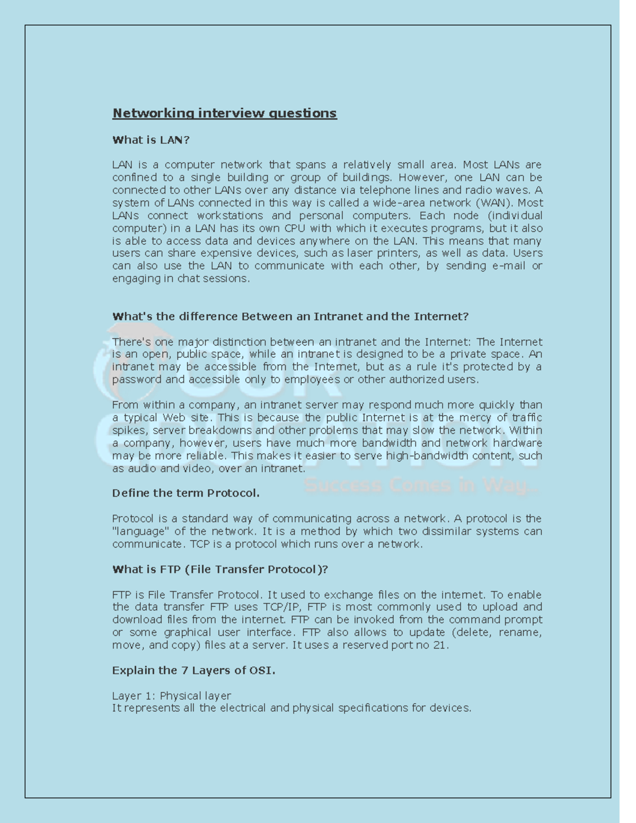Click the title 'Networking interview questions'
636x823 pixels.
point(224,113)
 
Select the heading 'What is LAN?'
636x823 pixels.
point(151,140)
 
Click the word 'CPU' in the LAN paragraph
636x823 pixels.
point(295,228)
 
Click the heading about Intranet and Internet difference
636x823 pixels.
point(290,316)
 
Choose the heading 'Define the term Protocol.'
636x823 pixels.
point(185,493)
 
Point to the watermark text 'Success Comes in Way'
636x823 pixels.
point(421,485)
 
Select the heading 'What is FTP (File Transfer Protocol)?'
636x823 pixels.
point(220,569)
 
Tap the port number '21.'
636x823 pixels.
point(440,645)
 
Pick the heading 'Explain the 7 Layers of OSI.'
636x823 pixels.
point(193,670)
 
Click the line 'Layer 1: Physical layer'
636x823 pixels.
point(171,696)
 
